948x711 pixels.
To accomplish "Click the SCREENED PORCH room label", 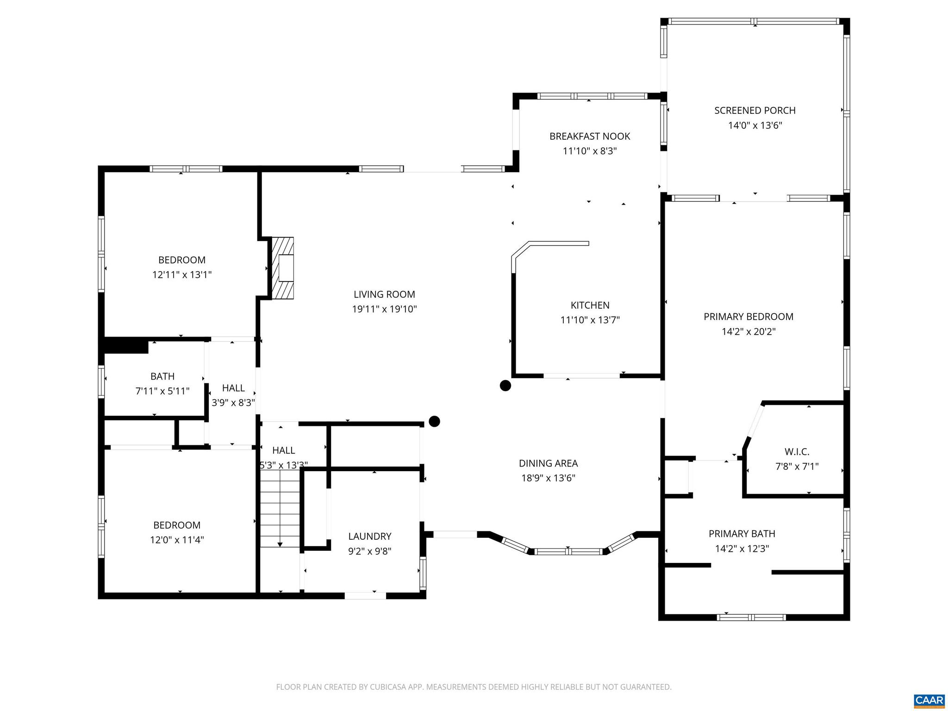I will click(x=755, y=111).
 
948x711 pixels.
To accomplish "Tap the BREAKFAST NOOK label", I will click(x=590, y=137).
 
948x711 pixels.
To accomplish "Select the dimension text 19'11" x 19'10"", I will click(x=384, y=309).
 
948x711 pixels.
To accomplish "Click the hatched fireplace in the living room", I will click(x=282, y=268).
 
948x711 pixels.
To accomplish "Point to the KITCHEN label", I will click(x=590, y=306).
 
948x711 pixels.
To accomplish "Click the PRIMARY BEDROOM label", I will click(x=748, y=317).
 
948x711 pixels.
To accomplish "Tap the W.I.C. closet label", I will click(x=797, y=452).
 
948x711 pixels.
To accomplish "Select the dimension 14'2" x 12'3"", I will click(x=742, y=549).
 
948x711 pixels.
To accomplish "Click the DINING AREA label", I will click(x=548, y=463).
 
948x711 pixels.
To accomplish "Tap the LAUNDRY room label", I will click(x=369, y=536).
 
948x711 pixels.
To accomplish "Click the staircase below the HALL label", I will click(x=280, y=514).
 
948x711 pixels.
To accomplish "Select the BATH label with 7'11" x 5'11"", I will click(x=162, y=377).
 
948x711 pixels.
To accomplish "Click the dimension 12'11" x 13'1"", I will click(x=182, y=275).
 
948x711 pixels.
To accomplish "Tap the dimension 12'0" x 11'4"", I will click(x=177, y=540).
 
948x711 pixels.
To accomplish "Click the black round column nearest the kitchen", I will click(x=505, y=386).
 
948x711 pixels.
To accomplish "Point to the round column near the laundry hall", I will click(x=434, y=421).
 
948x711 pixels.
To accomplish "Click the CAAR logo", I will click(x=929, y=700).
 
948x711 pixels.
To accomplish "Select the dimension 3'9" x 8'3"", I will click(x=233, y=403).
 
